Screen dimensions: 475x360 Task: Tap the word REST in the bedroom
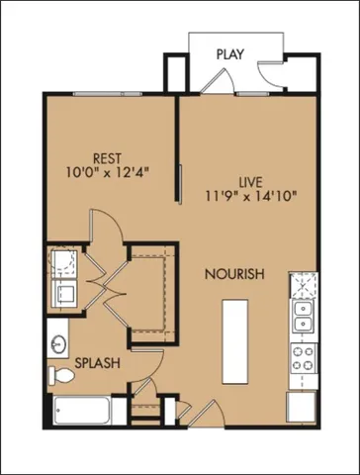pos(106,157)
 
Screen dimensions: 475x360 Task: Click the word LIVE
pos(250,181)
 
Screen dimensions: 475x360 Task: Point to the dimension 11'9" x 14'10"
pos(249,197)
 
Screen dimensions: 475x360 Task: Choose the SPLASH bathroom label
pos(98,363)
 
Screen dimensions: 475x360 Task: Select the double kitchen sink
pos(302,318)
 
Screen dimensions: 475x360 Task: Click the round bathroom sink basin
pos(55,343)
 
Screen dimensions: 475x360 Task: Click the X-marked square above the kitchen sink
pos(302,286)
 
